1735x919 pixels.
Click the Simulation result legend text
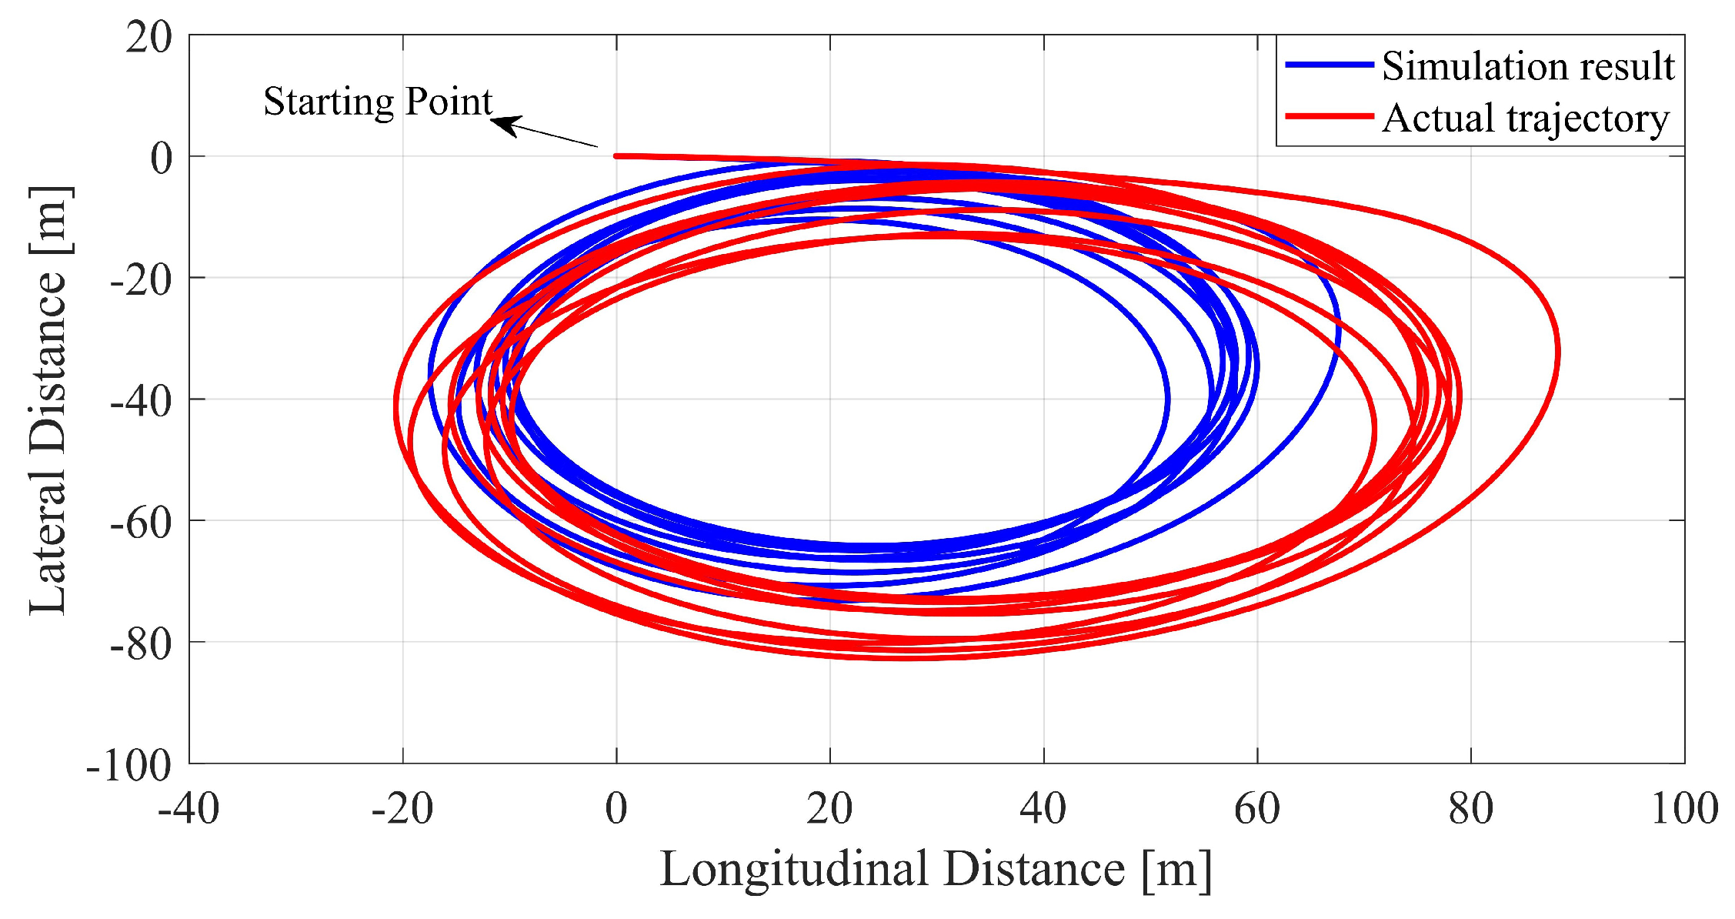(1527, 66)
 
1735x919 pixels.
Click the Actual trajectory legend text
(1525, 119)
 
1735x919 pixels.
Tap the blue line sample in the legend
(1329, 65)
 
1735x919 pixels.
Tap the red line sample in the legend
(1329, 117)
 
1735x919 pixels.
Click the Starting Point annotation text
(377, 102)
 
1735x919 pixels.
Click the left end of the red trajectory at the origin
(616, 156)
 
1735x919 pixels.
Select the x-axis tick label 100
(1684, 809)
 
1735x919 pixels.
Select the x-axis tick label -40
(189, 809)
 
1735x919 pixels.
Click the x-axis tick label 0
(616, 809)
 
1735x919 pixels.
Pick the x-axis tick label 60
(1257, 809)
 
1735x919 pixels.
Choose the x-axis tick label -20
(402, 809)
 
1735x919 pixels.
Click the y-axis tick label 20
(149, 37)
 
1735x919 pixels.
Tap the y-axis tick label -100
(128, 765)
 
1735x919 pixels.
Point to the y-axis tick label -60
(140, 523)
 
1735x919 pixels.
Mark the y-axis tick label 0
(162, 159)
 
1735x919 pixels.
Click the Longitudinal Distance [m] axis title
(936, 870)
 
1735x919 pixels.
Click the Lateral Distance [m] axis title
(49, 400)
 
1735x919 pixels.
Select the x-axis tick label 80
(1470, 809)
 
